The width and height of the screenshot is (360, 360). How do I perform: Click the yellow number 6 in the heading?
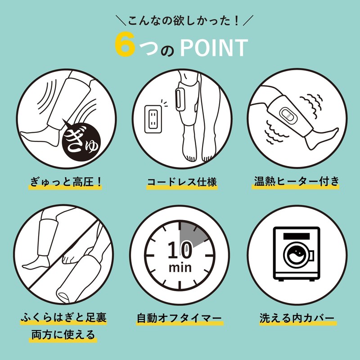125,44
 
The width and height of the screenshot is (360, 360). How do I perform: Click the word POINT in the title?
214,48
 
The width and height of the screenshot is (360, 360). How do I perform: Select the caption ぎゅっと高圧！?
66,182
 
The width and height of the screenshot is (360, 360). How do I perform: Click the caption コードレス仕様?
182,182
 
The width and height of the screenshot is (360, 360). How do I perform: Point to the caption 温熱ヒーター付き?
296,181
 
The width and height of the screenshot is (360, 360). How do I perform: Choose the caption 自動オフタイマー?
179,319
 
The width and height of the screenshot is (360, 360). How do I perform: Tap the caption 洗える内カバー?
297,318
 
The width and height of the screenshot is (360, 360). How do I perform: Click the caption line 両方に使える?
63,334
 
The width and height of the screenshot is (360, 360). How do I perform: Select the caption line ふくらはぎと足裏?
63,318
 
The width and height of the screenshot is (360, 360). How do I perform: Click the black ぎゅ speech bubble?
81,140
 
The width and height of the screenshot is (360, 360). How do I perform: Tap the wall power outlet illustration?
153,119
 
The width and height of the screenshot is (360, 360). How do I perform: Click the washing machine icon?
297,254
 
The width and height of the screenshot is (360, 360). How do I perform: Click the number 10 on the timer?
180,250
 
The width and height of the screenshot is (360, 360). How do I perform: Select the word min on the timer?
180,268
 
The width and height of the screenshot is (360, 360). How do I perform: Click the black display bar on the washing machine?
297,236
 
